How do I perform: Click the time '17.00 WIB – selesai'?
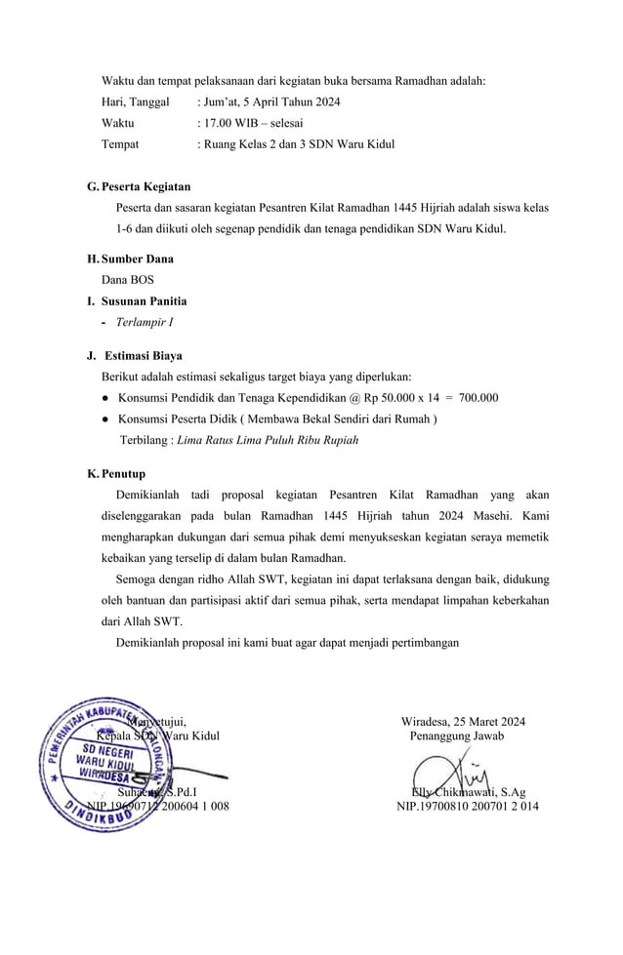(x=253, y=123)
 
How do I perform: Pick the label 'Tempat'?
(x=120, y=144)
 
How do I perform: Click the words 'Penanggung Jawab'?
(x=457, y=736)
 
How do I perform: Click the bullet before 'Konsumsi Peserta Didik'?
(x=104, y=419)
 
